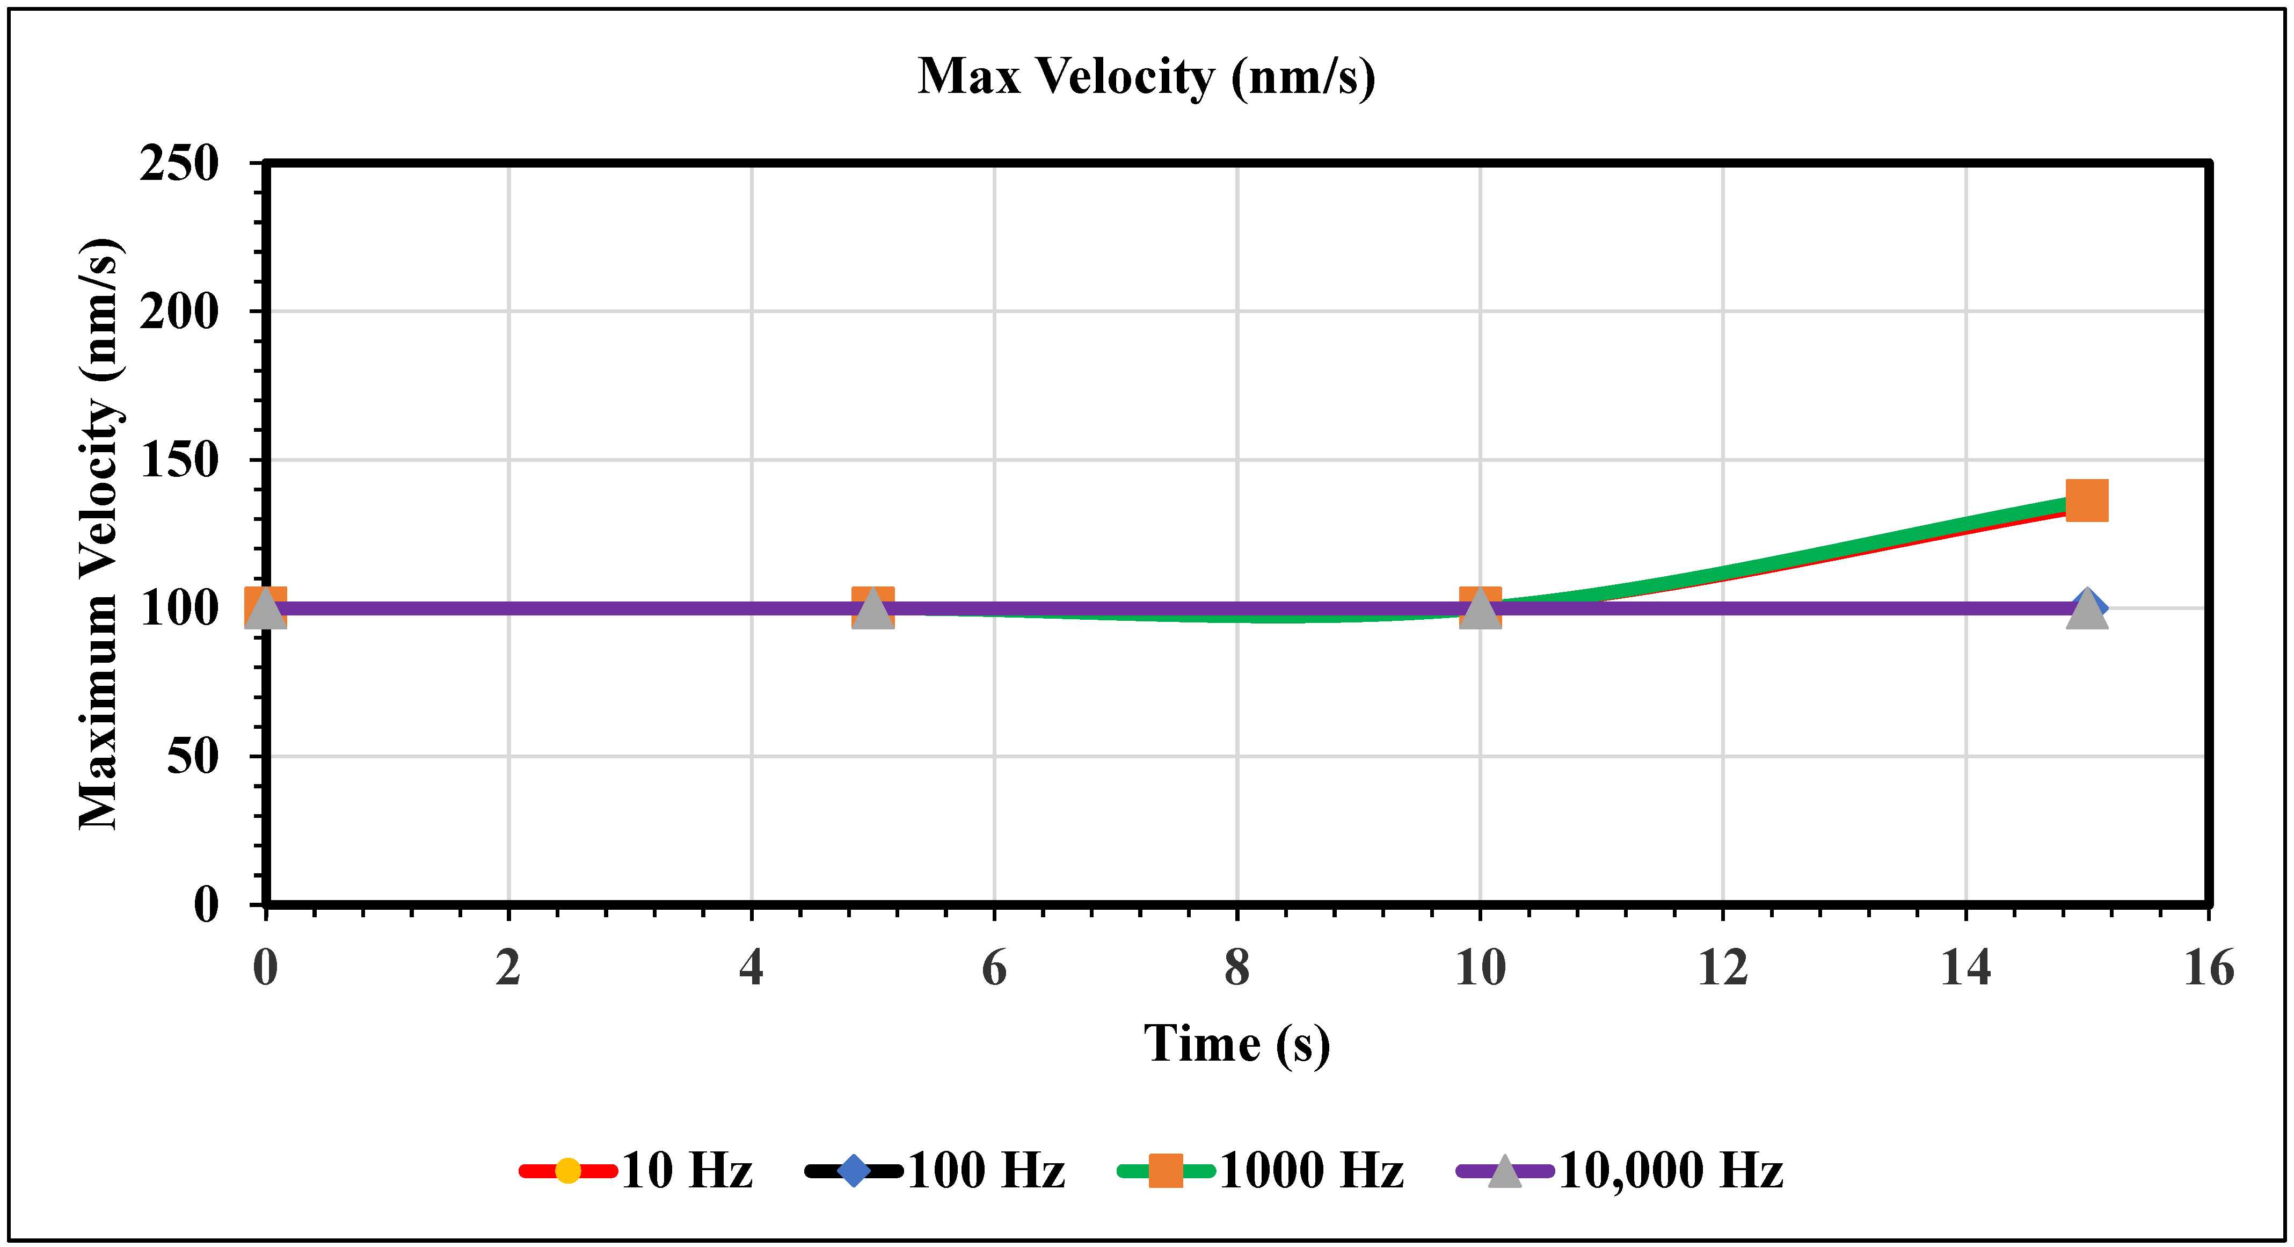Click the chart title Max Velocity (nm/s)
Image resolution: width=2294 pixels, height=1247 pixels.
pos(1146,77)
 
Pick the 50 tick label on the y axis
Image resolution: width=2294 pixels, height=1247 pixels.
pos(192,757)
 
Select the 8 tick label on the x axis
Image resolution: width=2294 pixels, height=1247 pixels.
pos(1237,968)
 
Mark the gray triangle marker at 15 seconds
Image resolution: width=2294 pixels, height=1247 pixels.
pos(2087,611)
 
